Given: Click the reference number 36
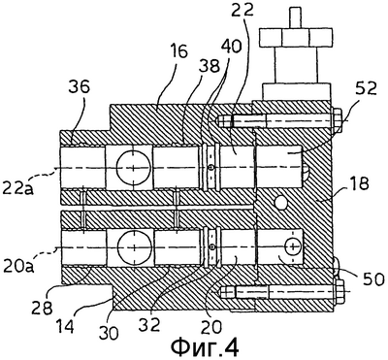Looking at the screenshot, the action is [x=79, y=88].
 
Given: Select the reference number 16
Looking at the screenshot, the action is [x=178, y=51].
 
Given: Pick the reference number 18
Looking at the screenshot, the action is [x=358, y=184].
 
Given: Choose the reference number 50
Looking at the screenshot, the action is [x=371, y=279].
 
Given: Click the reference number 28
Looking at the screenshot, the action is [x=42, y=308].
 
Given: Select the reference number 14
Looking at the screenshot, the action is [x=64, y=326].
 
